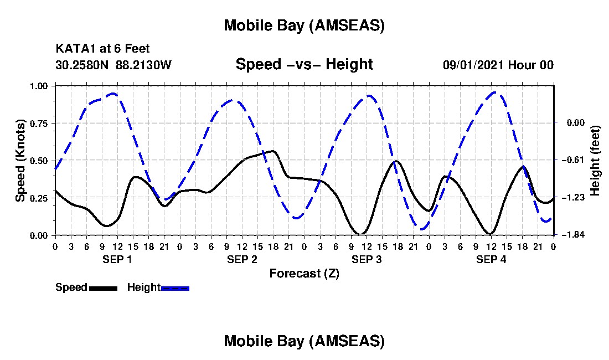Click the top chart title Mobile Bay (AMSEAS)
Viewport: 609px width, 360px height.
click(304, 25)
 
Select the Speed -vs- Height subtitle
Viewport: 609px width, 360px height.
click(304, 65)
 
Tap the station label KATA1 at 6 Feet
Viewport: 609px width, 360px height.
click(102, 49)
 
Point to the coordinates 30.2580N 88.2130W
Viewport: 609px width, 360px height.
click(113, 65)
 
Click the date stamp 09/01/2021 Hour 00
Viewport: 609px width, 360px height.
click(498, 65)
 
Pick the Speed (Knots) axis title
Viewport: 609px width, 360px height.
click(20, 161)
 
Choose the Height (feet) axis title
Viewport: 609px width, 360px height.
click(596, 161)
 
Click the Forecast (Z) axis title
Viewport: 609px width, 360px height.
click(304, 273)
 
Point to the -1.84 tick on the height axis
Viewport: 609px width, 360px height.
click(571, 235)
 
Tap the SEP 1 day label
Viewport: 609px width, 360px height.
click(117, 259)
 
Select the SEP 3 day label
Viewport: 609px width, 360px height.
click(367, 259)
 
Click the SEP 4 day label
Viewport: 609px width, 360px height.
click(491, 259)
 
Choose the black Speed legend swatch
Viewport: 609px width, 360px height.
click(103, 288)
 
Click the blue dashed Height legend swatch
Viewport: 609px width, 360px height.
click(175, 288)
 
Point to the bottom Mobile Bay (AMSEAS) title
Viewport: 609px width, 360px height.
click(304, 341)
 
